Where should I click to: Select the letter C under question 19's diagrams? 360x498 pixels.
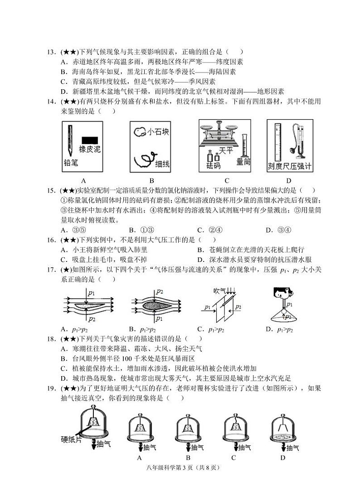pyautogui.click(x=233, y=458)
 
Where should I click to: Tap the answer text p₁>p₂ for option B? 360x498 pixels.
pyautogui.click(x=147, y=329)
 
